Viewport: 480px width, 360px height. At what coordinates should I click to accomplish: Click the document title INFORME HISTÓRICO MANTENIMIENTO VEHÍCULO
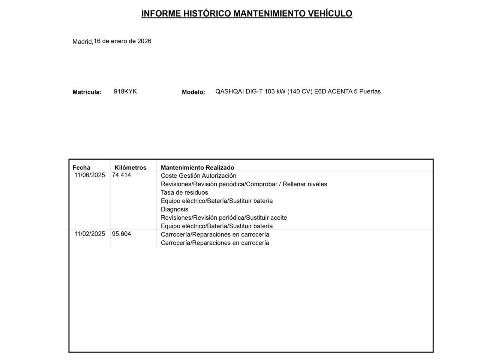click(x=246, y=14)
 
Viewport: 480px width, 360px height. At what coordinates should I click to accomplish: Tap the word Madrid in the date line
click(x=82, y=42)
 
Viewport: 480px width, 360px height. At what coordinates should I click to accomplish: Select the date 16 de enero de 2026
click(x=123, y=41)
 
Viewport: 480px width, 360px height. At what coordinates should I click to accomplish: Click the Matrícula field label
click(x=87, y=92)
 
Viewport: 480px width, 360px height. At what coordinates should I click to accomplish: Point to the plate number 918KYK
click(x=125, y=91)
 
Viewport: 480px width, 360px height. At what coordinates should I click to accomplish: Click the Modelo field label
click(x=193, y=92)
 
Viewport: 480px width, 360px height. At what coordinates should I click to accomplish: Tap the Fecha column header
click(x=81, y=168)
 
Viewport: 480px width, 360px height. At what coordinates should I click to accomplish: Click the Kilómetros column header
click(x=130, y=168)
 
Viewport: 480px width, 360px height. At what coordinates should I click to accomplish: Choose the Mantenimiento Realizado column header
click(x=197, y=168)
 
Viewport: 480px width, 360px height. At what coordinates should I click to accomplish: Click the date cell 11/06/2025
click(x=90, y=175)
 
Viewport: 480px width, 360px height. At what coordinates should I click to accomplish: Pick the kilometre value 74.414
click(x=121, y=175)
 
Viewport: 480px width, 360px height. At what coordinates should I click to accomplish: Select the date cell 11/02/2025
click(x=90, y=234)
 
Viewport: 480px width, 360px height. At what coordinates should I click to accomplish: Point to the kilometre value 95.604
click(x=121, y=234)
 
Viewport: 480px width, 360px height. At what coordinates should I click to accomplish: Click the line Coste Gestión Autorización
click(x=198, y=176)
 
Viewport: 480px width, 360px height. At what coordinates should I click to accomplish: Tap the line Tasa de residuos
click(x=184, y=193)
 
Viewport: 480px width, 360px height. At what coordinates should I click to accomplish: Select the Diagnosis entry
click(x=174, y=209)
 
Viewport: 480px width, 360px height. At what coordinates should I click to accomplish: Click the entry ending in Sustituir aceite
click(x=224, y=218)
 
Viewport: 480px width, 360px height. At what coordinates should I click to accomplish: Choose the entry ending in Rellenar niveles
click(x=244, y=184)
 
